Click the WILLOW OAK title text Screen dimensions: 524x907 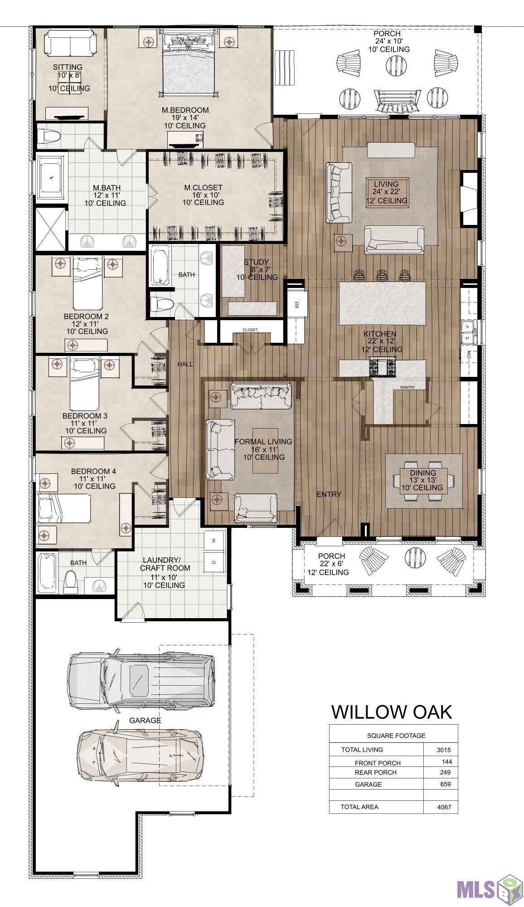click(x=392, y=712)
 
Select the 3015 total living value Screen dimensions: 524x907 click(x=444, y=750)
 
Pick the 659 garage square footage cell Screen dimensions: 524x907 click(x=445, y=784)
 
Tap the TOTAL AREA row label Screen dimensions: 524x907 click(x=359, y=807)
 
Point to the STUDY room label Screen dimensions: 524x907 click(x=257, y=262)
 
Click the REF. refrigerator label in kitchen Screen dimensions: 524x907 click(x=297, y=304)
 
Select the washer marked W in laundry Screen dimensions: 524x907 click(x=214, y=541)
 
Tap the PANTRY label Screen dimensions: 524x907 click(x=408, y=387)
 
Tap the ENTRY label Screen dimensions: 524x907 click(x=329, y=494)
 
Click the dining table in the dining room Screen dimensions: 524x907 click(x=423, y=481)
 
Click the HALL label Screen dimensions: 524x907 click(x=185, y=364)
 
